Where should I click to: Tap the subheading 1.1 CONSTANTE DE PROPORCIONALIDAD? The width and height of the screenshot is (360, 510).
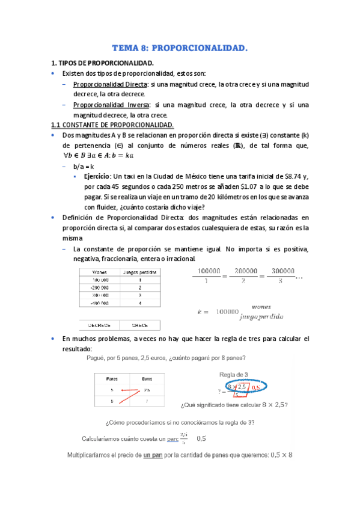click(x=112, y=124)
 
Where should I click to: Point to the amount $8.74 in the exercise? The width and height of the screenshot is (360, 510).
click(x=291, y=176)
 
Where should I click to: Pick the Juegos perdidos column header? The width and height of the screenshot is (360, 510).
click(x=140, y=272)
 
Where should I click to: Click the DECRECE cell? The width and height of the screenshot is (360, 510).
click(x=100, y=325)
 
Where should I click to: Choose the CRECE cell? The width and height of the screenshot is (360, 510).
click(x=140, y=325)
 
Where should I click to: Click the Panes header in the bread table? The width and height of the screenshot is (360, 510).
click(x=112, y=379)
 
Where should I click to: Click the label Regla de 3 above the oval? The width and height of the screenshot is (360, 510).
click(x=234, y=374)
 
